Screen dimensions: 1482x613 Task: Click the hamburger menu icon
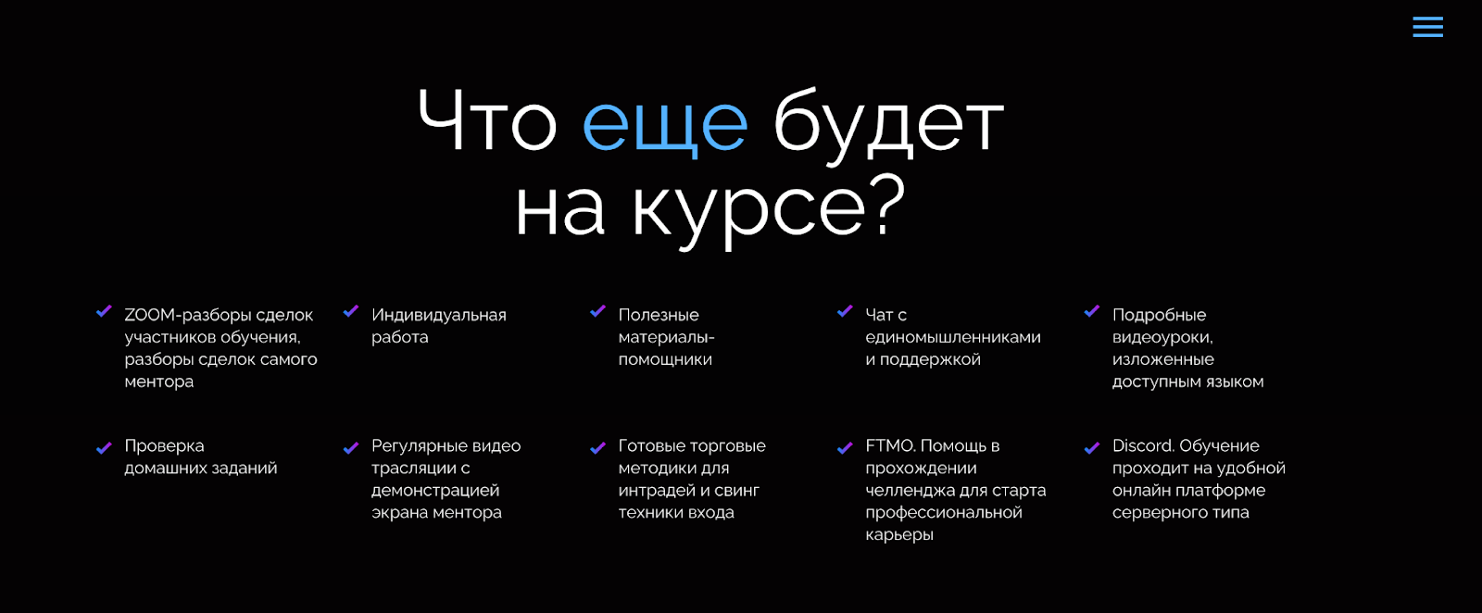tap(1427, 27)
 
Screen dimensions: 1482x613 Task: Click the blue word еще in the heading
tap(665, 125)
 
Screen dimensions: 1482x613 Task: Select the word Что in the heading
tap(487, 119)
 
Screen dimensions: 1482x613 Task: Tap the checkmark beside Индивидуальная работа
tap(351, 311)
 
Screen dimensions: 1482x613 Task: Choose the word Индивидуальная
tap(439, 316)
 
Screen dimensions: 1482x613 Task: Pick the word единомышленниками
tap(953, 337)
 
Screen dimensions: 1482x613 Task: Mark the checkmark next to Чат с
tap(845, 311)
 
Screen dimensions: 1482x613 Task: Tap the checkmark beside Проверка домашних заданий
tap(104, 448)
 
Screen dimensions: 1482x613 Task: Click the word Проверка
tap(164, 446)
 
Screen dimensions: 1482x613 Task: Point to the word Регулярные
tap(418, 446)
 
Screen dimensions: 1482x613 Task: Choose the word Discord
tap(1143, 445)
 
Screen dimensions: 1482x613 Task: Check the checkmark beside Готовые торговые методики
tap(598, 448)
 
